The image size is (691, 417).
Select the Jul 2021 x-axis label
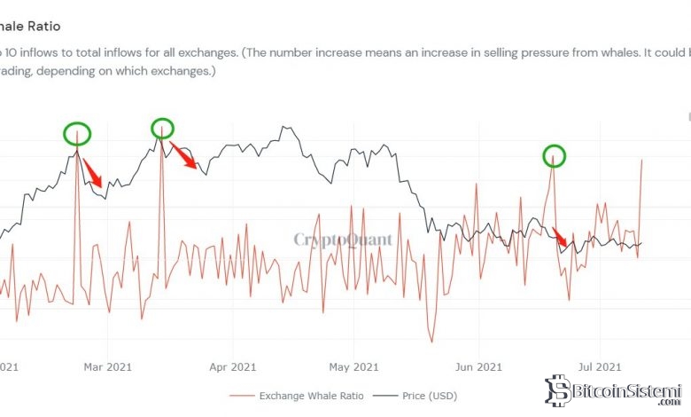point(599,366)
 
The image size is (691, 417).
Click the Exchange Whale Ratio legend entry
point(296,396)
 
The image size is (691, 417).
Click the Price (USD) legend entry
point(431,396)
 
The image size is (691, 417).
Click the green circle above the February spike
point(77,135)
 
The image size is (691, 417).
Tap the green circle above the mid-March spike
point(161,128)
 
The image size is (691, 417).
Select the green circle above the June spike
point(554,156)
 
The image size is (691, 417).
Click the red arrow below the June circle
point(561,237)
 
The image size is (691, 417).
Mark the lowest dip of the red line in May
point(432,342)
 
